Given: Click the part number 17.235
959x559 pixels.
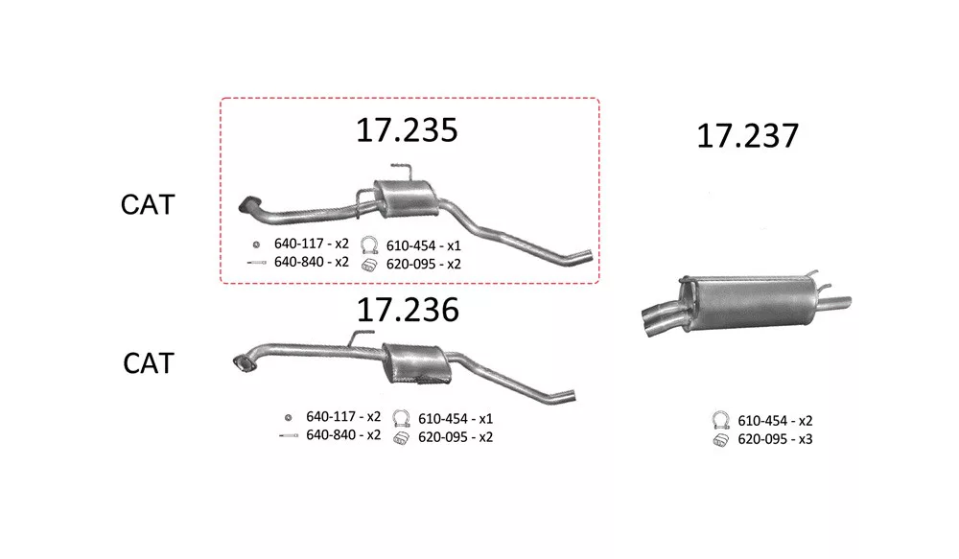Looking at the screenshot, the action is click(407, 130).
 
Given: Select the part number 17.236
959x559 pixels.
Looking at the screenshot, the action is click(408, 310).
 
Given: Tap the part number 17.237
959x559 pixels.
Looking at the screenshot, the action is click(747, 136).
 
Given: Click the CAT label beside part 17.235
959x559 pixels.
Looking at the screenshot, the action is click(148, 204).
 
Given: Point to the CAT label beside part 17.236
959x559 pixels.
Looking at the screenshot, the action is click(149, 363).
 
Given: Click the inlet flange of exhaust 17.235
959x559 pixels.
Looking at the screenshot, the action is click(249, 205).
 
